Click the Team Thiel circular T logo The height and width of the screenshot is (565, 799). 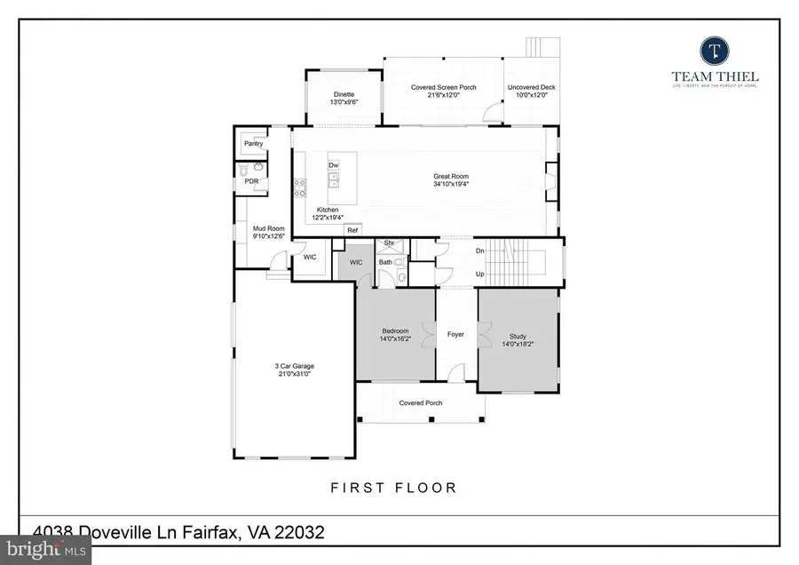tap(714, 50)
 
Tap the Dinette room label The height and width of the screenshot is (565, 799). tap(344, 95)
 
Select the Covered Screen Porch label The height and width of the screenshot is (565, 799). tap(443, 87)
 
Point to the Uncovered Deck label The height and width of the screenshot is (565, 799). tap(531, 87)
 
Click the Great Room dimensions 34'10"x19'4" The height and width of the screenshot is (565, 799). tap(451, 185)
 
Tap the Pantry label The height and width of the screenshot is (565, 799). tap(253, 143)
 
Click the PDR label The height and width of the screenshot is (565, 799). tap(251, 181)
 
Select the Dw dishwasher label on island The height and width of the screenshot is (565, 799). tap(333, 166)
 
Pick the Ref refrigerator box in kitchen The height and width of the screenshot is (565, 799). tap(352, 230)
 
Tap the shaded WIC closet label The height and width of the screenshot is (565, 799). tap(355, 263)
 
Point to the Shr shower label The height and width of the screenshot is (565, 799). tap(388, 243)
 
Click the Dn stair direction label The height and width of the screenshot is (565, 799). tap(480, 251)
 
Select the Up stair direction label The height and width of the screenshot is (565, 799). tap(480, 274)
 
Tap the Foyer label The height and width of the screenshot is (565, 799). tap(455, 335)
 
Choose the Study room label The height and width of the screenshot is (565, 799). tap(518, 337)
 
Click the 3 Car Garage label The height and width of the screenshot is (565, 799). tap(294, 366)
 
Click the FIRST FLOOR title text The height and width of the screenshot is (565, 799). tap(393, 487)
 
